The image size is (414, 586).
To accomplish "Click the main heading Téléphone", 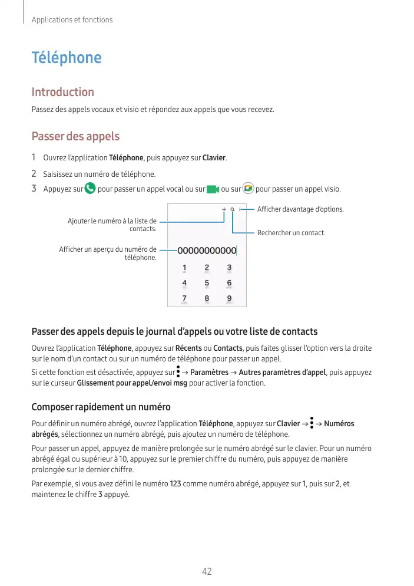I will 66,58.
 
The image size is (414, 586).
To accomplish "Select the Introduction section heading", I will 62,92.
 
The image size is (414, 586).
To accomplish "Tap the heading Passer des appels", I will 75,137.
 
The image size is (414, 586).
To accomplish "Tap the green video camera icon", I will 213,189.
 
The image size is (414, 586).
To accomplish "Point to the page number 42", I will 207,571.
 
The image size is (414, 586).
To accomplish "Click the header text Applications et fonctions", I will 72,20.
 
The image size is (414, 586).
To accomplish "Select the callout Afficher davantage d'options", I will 300,209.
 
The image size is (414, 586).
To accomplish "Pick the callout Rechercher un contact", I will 291,233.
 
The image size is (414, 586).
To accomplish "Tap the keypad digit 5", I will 207,283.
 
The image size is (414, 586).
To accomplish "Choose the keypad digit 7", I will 184,298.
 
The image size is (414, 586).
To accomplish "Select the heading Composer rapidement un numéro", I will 101,407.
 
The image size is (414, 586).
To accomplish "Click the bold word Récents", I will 189,348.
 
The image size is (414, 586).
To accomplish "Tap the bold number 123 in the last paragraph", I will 175,484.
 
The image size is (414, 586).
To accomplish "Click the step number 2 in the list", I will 34,174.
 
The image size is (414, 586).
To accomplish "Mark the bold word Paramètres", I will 209,373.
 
